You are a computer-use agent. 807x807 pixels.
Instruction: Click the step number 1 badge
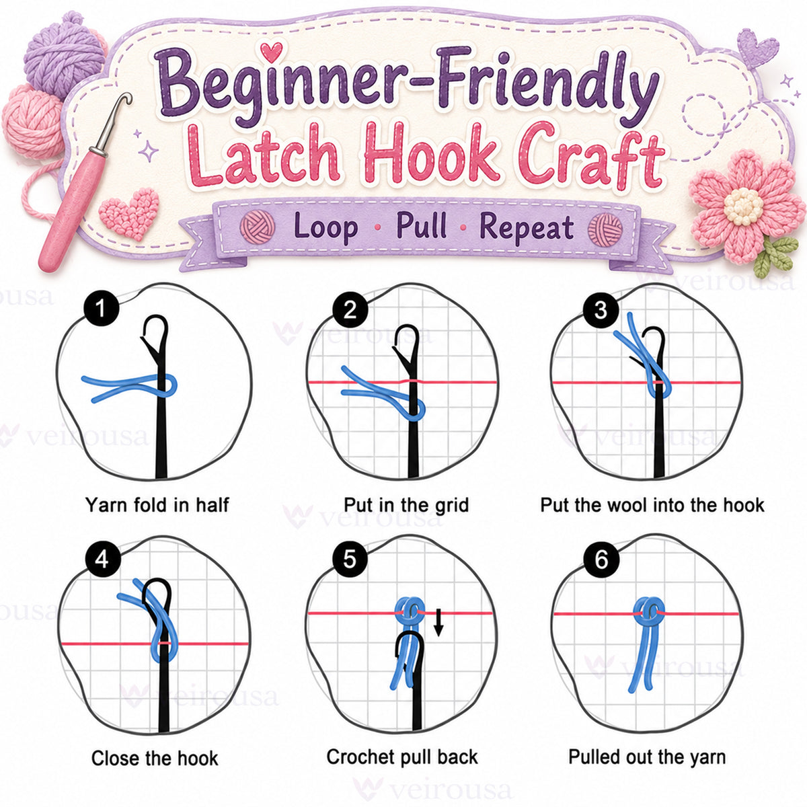point(102,309)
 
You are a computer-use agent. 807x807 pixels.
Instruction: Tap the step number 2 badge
point(350,310)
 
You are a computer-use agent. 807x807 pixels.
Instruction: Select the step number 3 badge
point(601,310)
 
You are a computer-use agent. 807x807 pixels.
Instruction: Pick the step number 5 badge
point(350,560)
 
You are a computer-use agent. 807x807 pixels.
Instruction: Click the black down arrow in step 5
point(438,623)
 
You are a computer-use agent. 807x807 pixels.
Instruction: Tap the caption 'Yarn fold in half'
point(157,505)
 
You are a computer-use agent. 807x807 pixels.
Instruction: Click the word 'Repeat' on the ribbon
point(527,228)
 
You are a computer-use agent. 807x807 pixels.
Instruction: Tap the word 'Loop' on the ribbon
point(325,227)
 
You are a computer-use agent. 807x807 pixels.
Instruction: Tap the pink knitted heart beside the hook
point(129,214)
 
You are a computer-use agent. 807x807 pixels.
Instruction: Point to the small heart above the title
point(271,51)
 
